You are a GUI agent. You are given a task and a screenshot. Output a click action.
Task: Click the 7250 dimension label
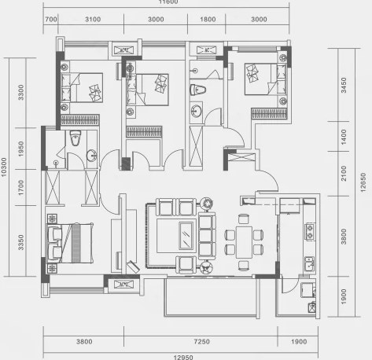(202, 341)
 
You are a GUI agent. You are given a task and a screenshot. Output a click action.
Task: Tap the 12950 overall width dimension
(183, 357)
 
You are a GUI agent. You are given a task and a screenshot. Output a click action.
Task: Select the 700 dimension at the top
(51, 20)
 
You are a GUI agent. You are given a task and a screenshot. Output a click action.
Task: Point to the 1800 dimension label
(208, 20)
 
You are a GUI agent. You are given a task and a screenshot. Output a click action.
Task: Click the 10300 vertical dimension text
(4, 167)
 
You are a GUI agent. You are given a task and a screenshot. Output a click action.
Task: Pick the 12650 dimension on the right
(363, 182)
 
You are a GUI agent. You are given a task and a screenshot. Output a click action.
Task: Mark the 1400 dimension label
(344, 137)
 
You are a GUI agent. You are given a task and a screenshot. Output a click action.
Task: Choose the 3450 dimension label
(344, 85)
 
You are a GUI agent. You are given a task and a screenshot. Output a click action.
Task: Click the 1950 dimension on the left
(21, 149)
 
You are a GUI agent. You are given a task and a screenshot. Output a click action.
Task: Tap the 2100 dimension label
(344, 173)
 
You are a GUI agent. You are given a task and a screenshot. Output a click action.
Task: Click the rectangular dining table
(244, 242)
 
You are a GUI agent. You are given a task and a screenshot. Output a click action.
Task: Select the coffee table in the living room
(186, 235)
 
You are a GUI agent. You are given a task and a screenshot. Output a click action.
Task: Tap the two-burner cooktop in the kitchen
(310, 232)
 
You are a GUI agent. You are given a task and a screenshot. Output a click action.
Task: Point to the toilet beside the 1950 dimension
(76, 138)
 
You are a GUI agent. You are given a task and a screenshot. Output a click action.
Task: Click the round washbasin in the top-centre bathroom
(196, 111)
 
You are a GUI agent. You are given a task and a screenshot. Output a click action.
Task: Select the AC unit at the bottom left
(123, 285)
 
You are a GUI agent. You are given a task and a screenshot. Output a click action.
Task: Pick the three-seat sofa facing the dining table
(207, 236)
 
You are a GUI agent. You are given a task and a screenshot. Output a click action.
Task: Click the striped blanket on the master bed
(76, 243)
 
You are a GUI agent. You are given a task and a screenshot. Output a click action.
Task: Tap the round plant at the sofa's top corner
(207, 204)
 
